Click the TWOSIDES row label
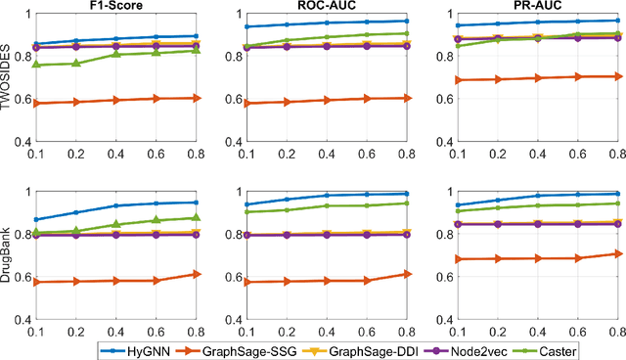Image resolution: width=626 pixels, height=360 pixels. tap(8, 78)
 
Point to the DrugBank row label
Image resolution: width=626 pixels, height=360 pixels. tap(8, 262)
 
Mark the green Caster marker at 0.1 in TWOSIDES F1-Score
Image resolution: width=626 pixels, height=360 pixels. tap(37, 65)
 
